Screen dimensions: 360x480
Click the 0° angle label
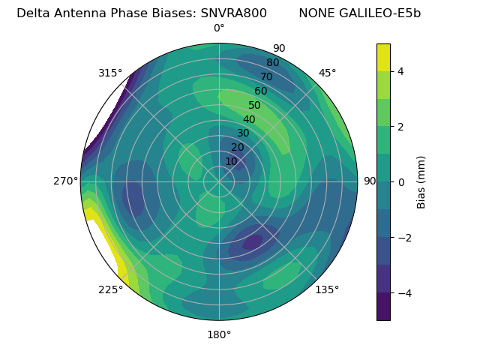(219, 28)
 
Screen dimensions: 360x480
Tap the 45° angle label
(327, 73)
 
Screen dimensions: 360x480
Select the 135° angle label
(327, 289)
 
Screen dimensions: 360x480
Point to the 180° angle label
(219, 334)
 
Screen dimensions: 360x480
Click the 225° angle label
(110, 289)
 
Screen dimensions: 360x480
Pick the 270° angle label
(66, 181)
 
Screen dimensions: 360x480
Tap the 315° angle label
(110, 73)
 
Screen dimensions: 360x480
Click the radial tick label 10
(231, 161)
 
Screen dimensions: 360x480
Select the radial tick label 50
(255, 106)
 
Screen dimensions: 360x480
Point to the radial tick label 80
(273, 63)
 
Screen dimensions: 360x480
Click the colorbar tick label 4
(401, 71)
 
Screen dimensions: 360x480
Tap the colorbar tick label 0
(401, 181)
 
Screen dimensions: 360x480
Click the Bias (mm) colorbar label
(421, 181)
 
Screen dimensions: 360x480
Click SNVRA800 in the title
(234, 13)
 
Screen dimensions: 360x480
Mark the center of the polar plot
(219, 181)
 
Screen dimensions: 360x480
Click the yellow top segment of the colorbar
(383, 57)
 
